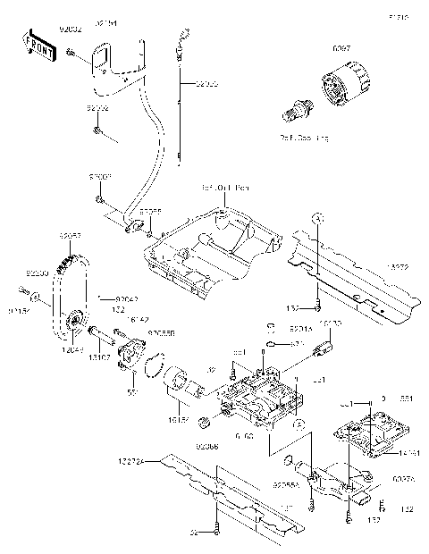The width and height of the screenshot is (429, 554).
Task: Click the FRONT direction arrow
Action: [33, 46]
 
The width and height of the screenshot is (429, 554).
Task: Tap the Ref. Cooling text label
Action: [304, 138]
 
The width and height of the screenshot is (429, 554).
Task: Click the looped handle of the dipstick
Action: [185, 35]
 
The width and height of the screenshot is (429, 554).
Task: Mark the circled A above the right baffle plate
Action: [315, 217]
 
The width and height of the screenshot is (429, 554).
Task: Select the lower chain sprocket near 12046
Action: [75, 320]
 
